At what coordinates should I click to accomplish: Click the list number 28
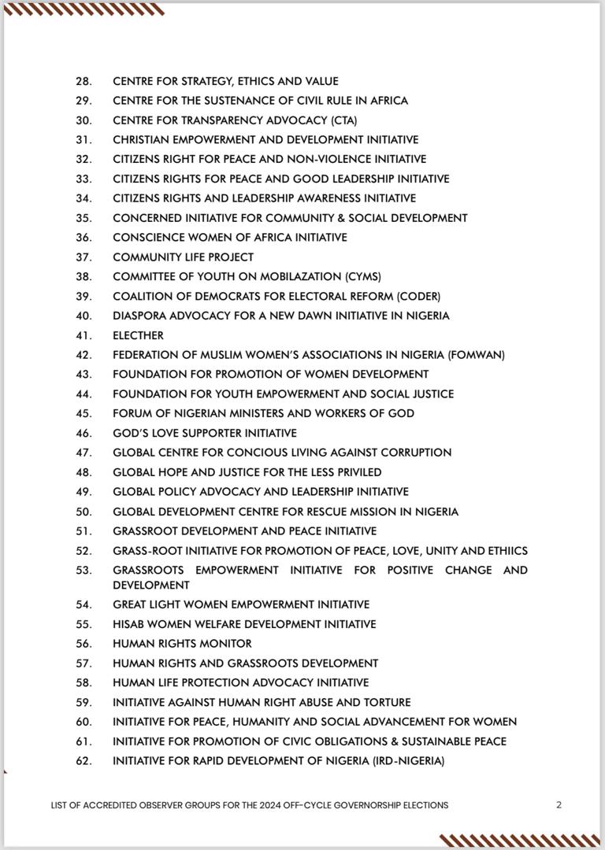83,81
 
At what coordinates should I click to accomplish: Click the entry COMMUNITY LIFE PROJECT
183,257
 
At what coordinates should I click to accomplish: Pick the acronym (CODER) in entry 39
418,297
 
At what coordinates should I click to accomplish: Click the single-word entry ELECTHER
138,335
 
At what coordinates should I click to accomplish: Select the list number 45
83,413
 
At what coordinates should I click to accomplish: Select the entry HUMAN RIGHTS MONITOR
182,644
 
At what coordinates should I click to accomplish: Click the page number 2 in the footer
559,805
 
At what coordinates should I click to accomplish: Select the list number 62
83,761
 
